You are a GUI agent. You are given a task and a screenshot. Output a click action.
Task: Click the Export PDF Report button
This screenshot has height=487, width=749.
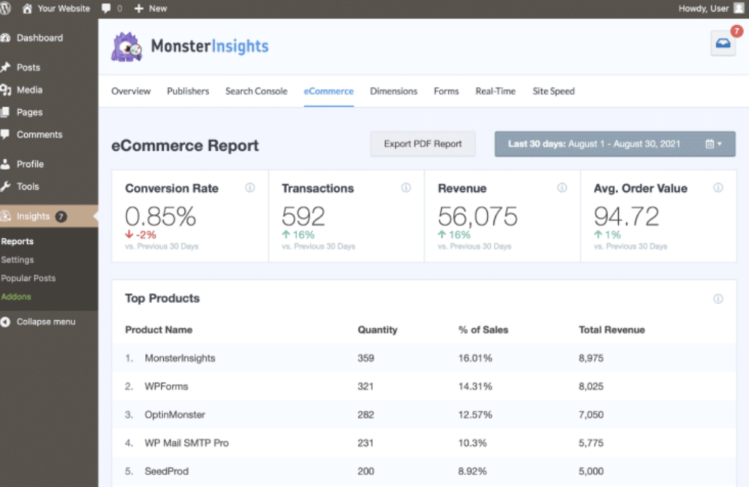click(423, 144)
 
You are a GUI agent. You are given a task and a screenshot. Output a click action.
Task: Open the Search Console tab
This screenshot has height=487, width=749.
click(256, 92)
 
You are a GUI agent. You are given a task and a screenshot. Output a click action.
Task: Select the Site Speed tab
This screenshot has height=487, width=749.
click(553, 92)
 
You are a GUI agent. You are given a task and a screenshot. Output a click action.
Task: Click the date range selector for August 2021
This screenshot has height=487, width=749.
click(614, 144)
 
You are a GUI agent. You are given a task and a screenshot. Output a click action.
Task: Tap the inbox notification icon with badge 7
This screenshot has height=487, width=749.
click(723, 43)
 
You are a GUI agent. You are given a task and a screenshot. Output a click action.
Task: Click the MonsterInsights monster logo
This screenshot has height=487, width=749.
click(127, 46)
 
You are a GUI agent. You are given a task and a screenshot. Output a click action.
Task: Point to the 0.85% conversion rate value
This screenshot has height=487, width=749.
click(160, 216)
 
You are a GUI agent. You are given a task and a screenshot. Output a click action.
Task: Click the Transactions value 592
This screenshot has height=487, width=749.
click(303, 216)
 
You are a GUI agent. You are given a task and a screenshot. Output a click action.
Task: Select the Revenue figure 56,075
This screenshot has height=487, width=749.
click(477, 216)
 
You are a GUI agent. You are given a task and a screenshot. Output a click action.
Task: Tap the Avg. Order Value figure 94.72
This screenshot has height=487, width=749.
click(626, 216)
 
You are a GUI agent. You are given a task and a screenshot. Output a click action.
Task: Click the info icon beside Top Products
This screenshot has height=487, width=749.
click(718, 299)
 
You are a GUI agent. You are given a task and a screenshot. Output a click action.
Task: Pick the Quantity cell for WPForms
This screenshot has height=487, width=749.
click(366, 387)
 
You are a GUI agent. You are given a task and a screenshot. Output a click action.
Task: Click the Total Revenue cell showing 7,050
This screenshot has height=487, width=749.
click(591, 414)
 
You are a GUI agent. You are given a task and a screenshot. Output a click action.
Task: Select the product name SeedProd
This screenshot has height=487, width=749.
click(166, 471)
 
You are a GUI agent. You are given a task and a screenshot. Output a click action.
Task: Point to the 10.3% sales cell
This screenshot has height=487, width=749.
click(473, 443)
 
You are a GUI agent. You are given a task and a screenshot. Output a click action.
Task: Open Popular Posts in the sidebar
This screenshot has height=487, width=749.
click(29, 278)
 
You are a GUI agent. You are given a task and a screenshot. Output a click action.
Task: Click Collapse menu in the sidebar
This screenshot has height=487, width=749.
click(45, 321)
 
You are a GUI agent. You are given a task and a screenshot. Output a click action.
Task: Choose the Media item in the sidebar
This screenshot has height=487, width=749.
click(29, 90)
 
